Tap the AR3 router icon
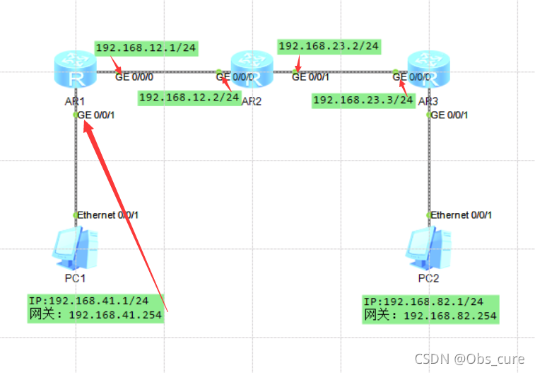pos(428,69)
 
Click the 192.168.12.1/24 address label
pos(146,48)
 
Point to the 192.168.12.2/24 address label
pos(189,97)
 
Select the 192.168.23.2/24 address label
pos(329,47)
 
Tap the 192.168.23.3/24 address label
pos(363,100)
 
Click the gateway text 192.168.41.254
pos(115,315)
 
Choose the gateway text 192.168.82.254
pos(449,316)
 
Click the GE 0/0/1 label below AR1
pos(95,115)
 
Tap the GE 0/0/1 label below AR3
pos(449,115)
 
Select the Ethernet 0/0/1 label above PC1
pos(108,214)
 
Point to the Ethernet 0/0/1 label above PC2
pos(461,214)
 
